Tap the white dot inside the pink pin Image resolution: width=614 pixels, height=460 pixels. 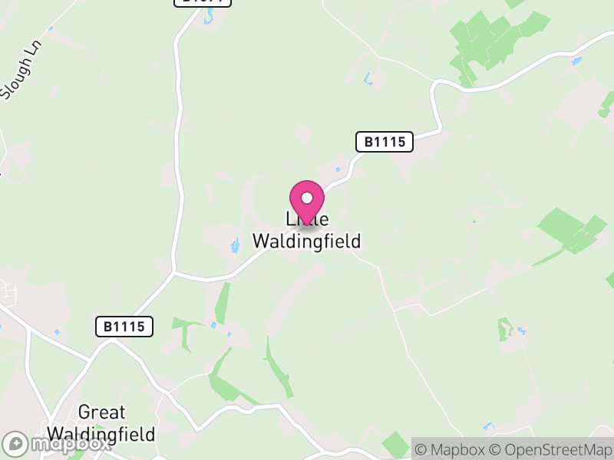(307, 198)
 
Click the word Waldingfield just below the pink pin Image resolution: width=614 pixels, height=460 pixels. (306, 241)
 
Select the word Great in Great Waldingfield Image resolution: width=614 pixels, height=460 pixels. (101, 413)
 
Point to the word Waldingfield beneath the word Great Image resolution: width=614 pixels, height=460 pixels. (101, 434)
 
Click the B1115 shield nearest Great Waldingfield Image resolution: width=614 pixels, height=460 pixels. (124, 327)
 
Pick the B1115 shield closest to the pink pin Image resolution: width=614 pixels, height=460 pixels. (385, 142)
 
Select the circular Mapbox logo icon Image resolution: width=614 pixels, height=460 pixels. (15, 444)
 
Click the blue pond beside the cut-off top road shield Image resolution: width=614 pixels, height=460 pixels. (206, 17)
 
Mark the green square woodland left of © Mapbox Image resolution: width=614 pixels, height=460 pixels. (396, 444)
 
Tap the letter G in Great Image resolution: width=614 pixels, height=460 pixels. (84, 413)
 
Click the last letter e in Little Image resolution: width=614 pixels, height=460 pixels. (325, 219)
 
